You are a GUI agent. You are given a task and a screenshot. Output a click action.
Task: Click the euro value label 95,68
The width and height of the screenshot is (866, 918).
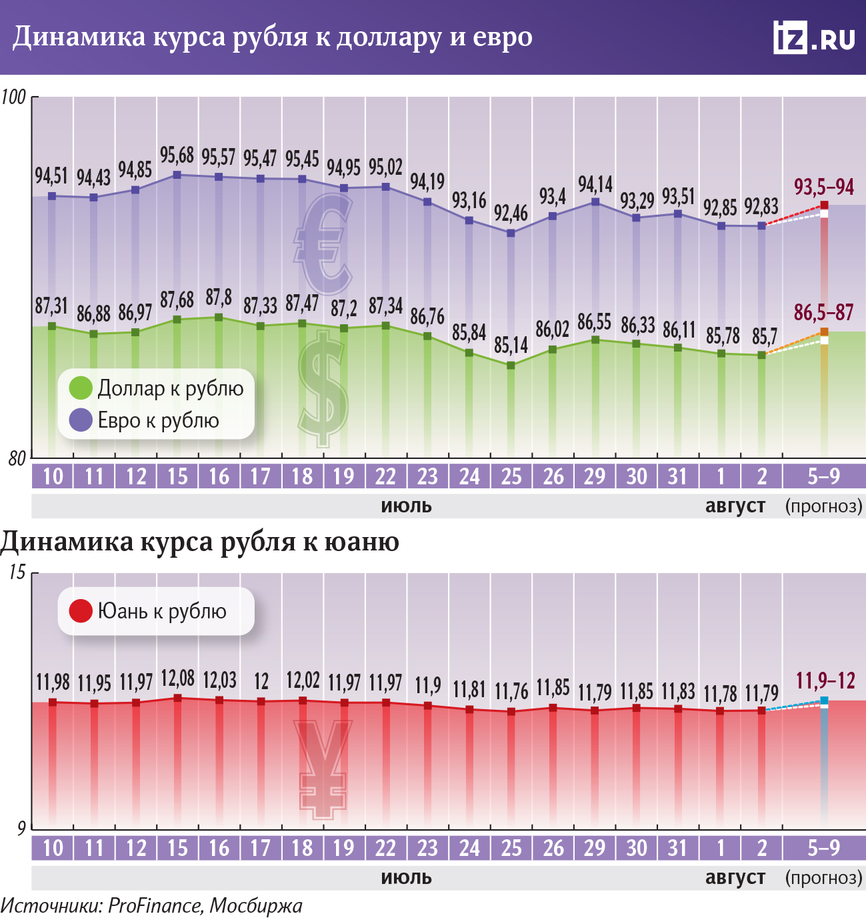click(x=177, y=155)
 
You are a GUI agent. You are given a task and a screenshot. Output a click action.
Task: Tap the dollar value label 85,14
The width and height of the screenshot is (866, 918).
click(x=511, y=345)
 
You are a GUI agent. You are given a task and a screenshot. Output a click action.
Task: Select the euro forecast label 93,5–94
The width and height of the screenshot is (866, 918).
click(x=823, y=187)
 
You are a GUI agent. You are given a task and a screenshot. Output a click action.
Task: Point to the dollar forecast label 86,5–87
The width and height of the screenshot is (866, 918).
click(x=823, y=312)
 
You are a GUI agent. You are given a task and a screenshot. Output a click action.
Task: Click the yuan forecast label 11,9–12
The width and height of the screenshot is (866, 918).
click(x=825, y=680)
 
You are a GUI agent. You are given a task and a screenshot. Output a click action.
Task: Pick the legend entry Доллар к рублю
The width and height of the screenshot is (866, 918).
click(x=157, y=388)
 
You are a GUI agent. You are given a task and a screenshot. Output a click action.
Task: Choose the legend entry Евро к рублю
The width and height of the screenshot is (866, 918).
click(x=145, y=420)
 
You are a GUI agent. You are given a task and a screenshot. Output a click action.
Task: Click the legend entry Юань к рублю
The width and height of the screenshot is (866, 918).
click(x=149, y=611)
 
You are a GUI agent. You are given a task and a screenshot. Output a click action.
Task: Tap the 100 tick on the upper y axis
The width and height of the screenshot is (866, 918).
click(x=14, y=97)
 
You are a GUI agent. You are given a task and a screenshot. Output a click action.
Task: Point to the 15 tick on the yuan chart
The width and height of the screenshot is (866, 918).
click(x=17, y=572)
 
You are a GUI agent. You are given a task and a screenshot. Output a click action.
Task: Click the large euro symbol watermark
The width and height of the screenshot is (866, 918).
click(x=323, y=244)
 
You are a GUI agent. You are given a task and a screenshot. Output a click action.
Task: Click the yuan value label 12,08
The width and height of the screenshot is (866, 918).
click(x=177, y=679)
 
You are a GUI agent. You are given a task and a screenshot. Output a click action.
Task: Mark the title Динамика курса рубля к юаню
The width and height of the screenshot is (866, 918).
click(x=200, y=541)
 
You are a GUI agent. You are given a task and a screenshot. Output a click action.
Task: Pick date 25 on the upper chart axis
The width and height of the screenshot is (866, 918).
click(x=511, y=476)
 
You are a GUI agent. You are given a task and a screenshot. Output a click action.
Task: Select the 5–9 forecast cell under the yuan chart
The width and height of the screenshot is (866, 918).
click(x=824, y=848)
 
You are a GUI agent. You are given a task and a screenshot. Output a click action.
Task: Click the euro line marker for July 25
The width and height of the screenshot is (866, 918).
click(x=511, y=233)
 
